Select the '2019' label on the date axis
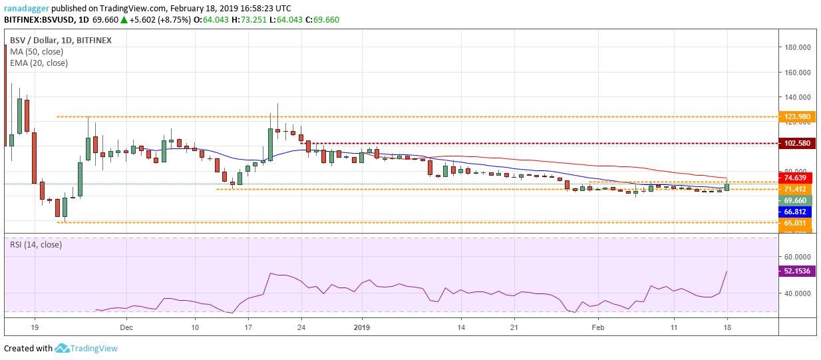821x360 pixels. [361, 327]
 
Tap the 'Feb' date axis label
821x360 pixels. [599, 327]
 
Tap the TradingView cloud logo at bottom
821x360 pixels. [63, 348]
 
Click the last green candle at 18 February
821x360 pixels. [727, 187]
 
